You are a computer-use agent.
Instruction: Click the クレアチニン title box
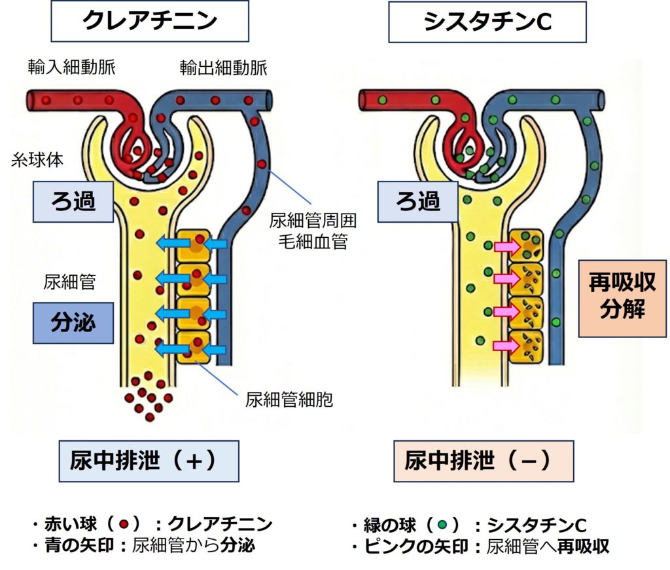pos(150,22)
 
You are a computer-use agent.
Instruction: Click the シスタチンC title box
pos(487,22)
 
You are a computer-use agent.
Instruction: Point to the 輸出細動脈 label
pos(224,67)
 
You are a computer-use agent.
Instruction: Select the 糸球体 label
pos(31,159)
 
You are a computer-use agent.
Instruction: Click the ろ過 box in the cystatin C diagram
pos(418,201)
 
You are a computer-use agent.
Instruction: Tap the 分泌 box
pos(73,322)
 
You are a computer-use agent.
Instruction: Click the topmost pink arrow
pos(505,248)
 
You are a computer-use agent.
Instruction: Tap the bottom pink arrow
pos(505,344)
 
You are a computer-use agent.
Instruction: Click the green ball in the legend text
pos(443,525)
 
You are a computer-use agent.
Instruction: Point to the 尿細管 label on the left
pos(69,282)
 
